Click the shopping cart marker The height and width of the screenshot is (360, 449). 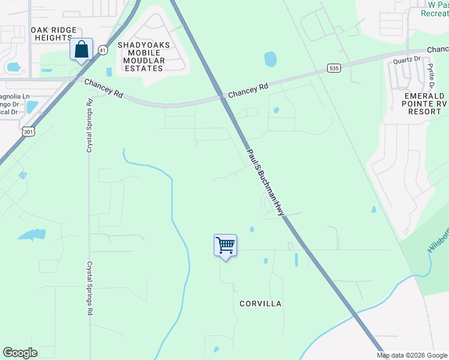[225, 245]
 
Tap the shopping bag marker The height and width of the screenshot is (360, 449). [82, 50]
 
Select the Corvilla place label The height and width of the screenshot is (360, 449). [260, 304]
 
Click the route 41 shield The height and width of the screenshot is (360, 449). [103, 50]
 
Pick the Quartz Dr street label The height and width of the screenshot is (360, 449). [406, 59]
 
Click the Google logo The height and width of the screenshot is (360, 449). [20, 353]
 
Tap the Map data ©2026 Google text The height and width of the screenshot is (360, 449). [412, 355]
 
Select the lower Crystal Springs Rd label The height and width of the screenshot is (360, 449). [89, 287]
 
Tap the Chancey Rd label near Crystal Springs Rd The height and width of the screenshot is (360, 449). [103, 89]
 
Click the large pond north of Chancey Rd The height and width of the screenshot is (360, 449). [270, 59]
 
